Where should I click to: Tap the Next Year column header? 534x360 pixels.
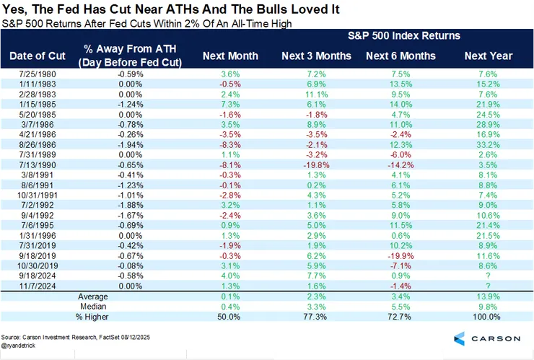click(489, 56)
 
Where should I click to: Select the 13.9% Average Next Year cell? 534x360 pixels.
click(489, 296)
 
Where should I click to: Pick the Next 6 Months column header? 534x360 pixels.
click(400, 56)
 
